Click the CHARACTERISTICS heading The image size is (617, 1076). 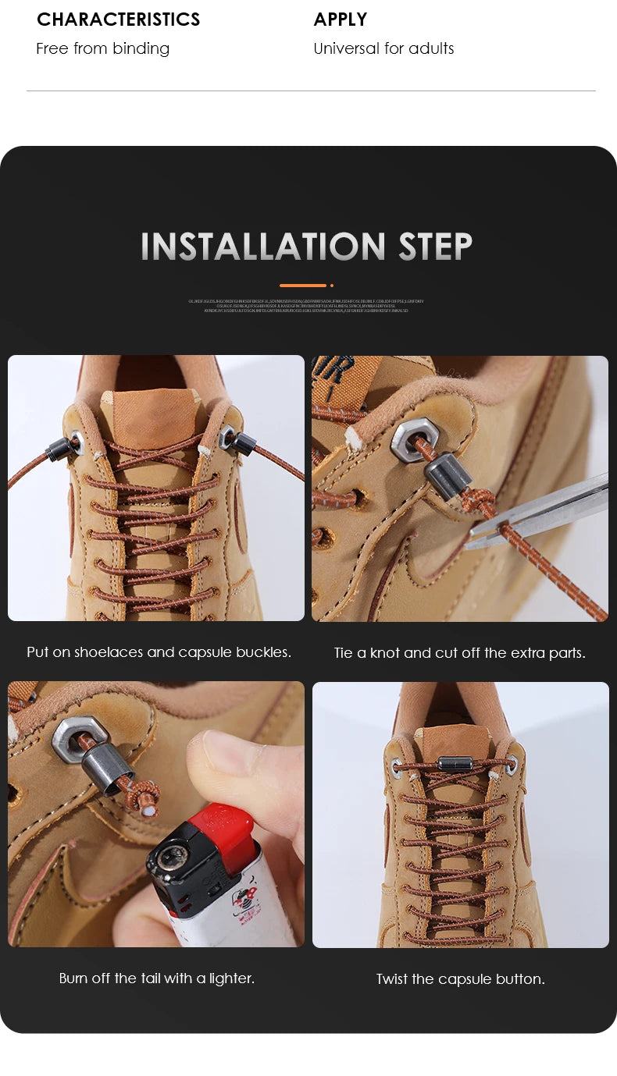coord(118,20)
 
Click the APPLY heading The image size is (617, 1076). coord(340,20)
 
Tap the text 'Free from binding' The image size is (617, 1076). coord(102,48)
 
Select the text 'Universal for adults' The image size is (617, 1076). coord(383,48)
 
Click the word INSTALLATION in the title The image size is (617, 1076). coord(263,247)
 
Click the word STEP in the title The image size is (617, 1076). coord(435,247)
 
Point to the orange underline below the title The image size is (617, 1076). coord(303,286)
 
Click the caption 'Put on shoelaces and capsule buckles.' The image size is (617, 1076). coord(159,652)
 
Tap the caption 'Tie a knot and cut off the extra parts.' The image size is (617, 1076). coord(459,653)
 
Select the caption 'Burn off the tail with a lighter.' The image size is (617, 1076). coord(157,978)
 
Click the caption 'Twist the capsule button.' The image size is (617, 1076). coord(460,979)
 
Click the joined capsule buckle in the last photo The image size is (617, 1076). coord(455,762)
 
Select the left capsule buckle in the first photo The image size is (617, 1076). coord(59,449)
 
